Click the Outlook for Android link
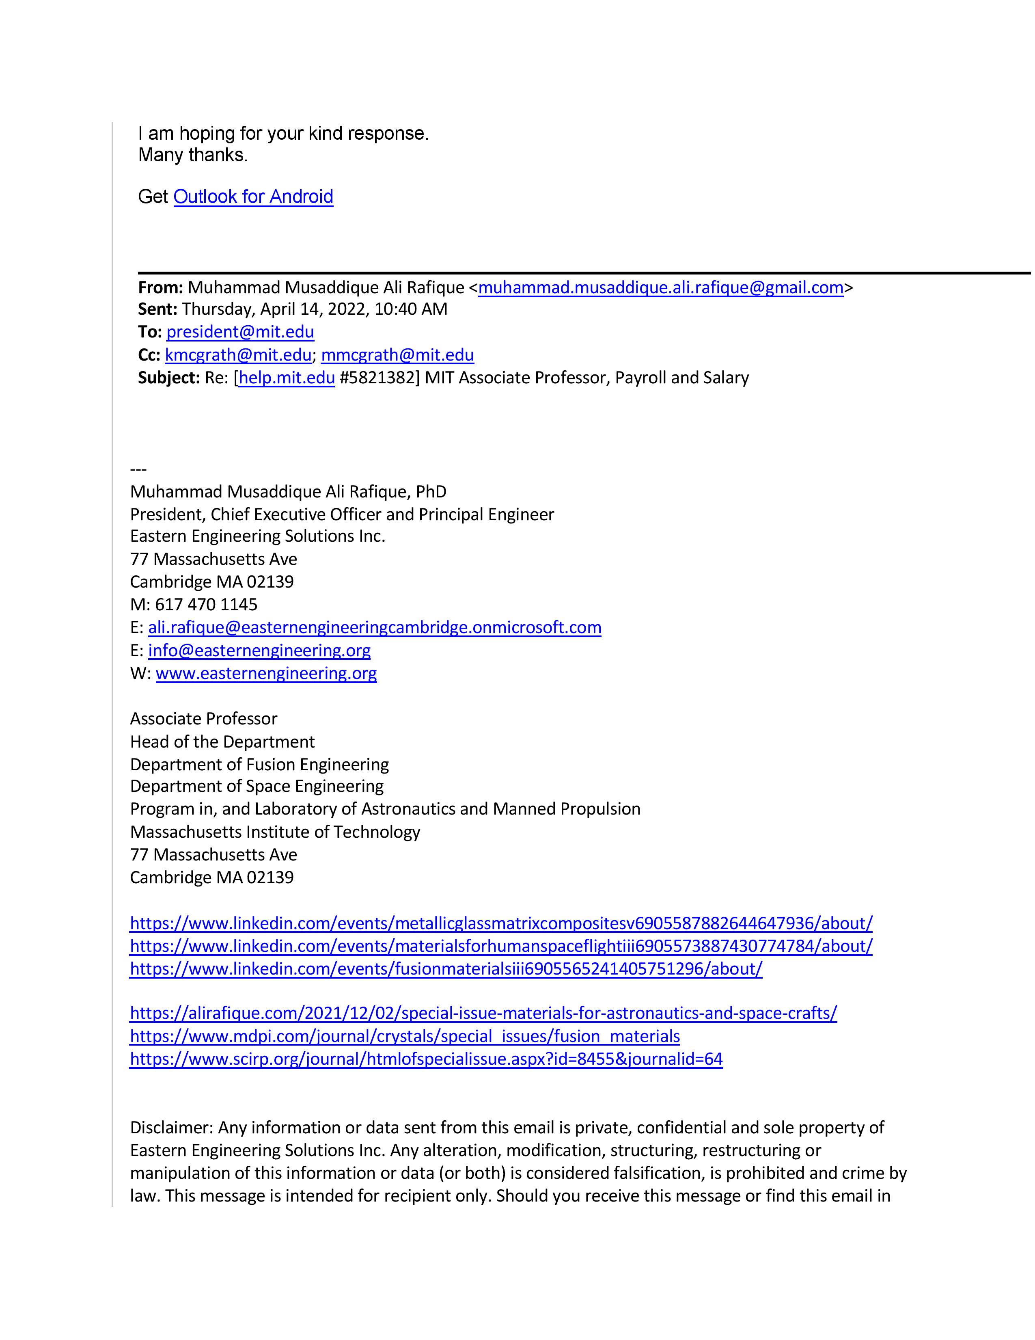tap(253, 197)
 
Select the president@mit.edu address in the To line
tap(240, 332)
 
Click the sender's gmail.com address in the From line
tap(660, 288)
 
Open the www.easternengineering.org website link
tap(266, 674)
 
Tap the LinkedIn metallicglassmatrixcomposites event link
tap(501, 923)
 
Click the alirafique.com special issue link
tap(483, 1013)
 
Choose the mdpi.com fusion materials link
tap(405, 1036)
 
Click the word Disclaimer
tap(170, 1128)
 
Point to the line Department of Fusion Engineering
tap(259, 765)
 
